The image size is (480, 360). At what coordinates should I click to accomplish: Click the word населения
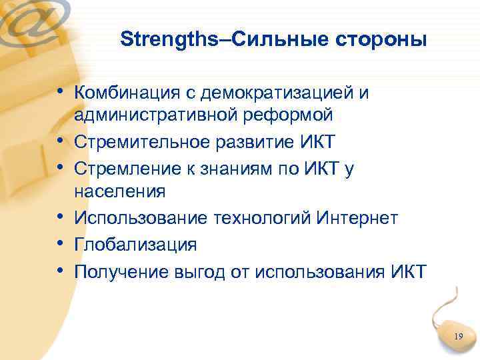119,192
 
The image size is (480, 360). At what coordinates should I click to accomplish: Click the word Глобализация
135,244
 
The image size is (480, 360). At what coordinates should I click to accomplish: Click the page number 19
458,337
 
